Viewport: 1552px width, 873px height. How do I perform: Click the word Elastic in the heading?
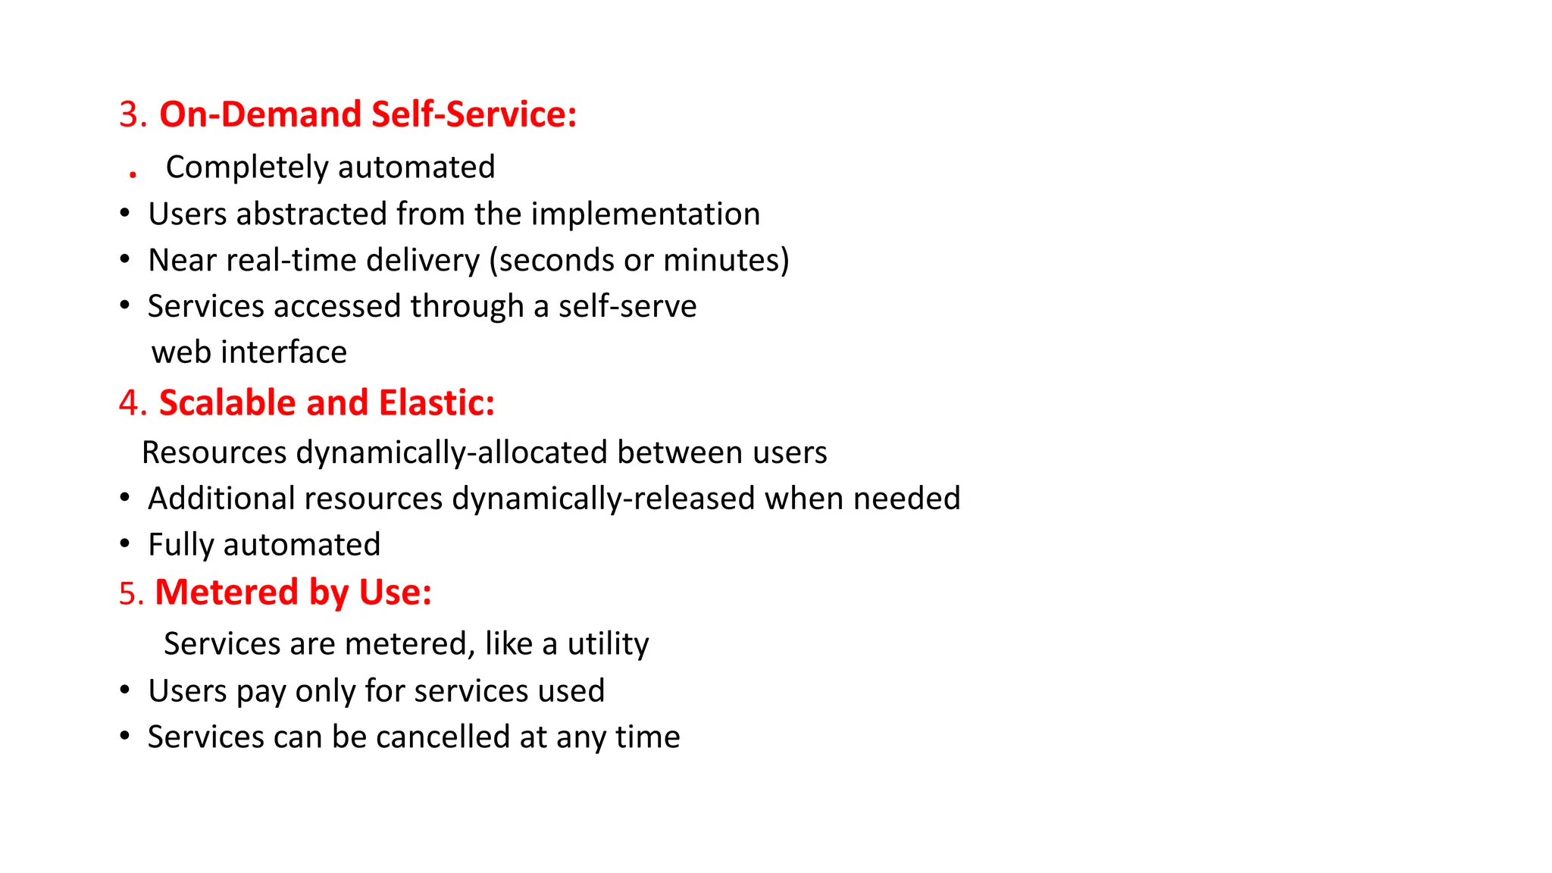(436, 403)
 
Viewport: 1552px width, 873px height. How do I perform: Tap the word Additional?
(221, 499)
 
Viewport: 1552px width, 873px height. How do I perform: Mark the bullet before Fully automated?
(125, 544)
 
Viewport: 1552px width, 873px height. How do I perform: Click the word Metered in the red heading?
(227, 593)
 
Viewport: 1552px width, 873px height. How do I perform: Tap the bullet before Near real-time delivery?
(125, 260)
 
